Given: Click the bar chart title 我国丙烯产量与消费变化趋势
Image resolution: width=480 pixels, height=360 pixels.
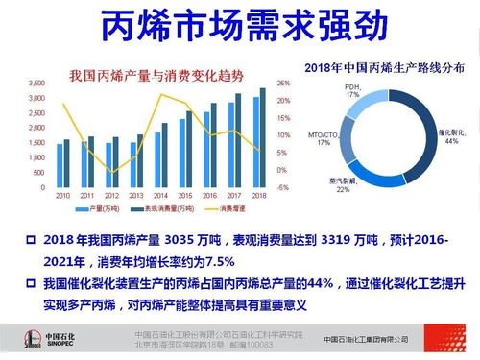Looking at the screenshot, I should [154, 76].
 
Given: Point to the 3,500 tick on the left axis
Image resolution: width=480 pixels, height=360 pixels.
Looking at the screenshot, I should [36, 83].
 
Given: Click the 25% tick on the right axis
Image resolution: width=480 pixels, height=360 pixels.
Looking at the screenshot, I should [283, 83].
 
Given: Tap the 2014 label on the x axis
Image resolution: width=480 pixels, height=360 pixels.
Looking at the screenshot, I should [161, 195].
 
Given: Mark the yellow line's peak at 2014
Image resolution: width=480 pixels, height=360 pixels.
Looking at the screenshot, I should [161, 95].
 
